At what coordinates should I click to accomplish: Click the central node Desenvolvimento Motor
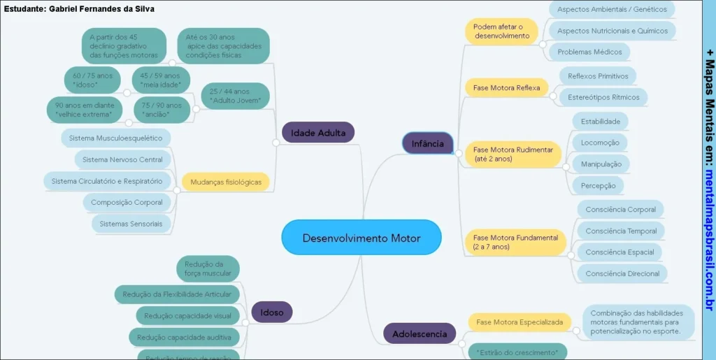(x=361, y=238)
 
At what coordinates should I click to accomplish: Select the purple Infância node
(x=427, y=143)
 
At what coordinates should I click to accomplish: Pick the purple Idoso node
(x=272, y=312)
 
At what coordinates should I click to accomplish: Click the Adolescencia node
(x=420, y=334)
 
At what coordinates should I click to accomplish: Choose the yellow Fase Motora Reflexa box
(x=506, y=88)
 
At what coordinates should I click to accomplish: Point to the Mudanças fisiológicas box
(x=226, y=182)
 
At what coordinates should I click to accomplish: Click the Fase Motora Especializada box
(x=519, y=322)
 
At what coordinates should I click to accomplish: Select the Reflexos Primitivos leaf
(x=598, y=76)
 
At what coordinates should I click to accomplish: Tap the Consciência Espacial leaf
(x=620, y=252)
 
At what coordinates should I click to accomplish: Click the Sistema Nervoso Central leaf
(x=122, y=160)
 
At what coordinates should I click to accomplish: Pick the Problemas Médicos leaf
(x=589, y=52)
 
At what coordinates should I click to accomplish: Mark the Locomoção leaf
(x=600, y=143)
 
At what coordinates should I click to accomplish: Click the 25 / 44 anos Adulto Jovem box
(x=235, y=96)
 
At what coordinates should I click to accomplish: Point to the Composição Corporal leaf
(x=127, y=203)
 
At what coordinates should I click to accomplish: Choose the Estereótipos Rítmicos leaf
(x=603, y=96)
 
